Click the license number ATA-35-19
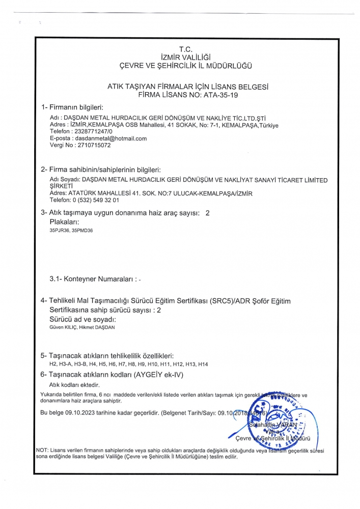tap(220, 95)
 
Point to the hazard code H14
tap(203, 364)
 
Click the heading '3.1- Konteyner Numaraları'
tap(94, 279)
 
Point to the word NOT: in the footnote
tap(42, 450)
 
